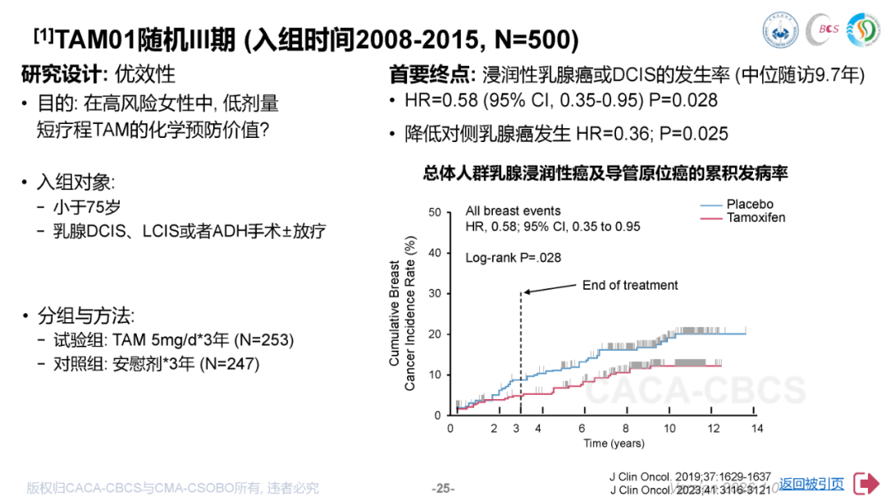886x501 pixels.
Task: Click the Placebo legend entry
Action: tap(749, 205)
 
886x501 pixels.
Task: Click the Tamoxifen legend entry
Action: tap(756, 218)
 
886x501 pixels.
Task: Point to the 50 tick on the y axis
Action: tap(435, 213)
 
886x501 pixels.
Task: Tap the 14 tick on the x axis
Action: tap(757, 429)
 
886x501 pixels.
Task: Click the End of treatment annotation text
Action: tap(630, 285)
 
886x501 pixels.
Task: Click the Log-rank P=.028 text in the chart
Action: tap(514, 257)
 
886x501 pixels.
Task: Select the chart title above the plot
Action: tap(605, 173)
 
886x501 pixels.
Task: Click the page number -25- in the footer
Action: tap(443, 488)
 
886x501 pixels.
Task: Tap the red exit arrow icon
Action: tap(866, 483)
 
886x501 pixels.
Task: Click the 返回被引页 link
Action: tap(811, 484)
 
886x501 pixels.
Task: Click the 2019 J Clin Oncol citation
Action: tap(690, 476)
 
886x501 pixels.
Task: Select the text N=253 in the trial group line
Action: tap(265, 340)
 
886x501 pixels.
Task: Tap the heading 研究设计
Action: tap(62, 74)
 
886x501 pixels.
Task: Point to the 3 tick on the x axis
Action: tap(516, 429)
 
